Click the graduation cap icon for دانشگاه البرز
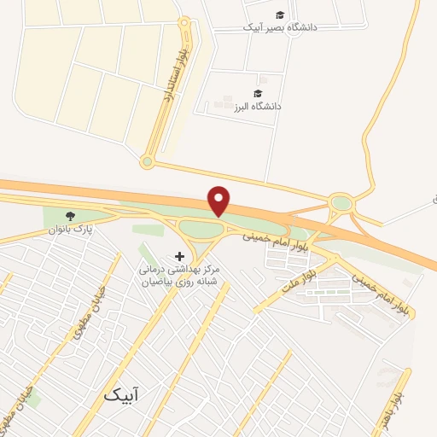tap(258, 93)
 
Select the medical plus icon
tap(179, 256)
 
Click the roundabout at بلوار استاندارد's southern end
tap(147, 161)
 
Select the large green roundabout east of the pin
tap(341, 203)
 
